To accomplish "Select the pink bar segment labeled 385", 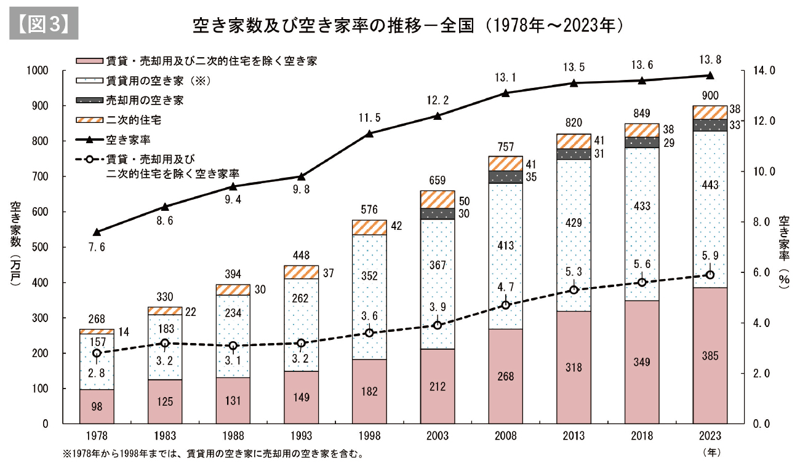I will pos(710,356).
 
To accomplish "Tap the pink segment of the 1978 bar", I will pos(97,407).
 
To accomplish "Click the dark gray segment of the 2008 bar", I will pos(505,177).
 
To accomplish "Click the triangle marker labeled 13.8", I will pos(710,76).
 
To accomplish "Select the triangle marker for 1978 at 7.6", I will pos(97,232).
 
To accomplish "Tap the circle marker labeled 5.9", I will pos(710,275).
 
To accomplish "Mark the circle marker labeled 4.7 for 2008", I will pos(505,305).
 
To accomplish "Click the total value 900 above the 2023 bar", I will pos(710,95).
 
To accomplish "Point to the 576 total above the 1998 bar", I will pos(369,210).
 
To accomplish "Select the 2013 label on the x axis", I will pos(574,435).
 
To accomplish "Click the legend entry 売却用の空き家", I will pos(144,99).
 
